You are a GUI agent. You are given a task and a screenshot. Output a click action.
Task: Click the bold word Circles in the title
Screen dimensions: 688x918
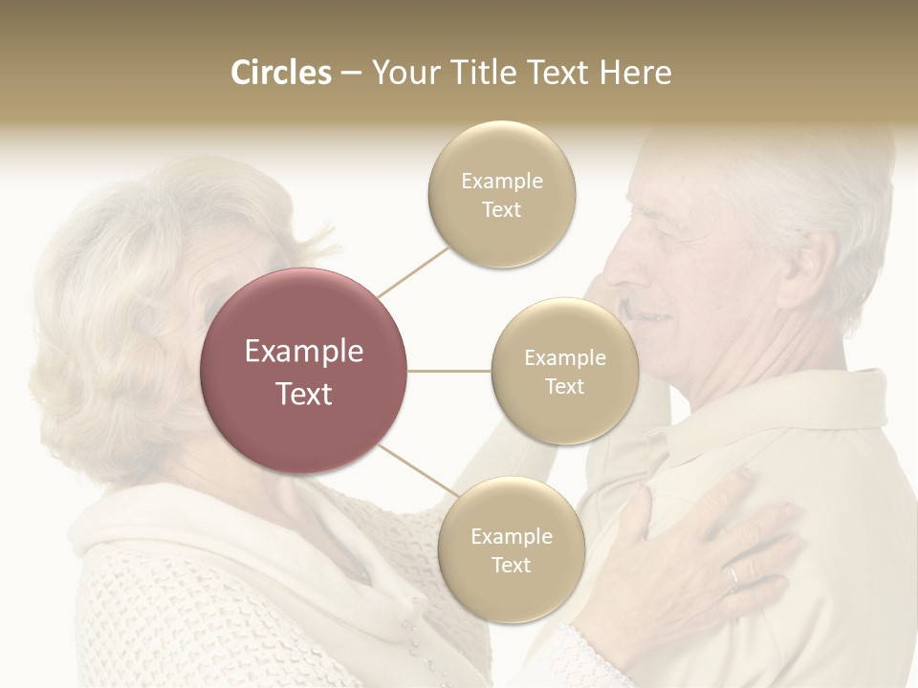click(x=280, y=73)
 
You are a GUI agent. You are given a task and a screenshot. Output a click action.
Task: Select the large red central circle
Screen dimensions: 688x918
click(x=304, y=371)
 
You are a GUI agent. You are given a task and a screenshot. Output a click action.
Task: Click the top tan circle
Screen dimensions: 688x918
click(x=501, y=195)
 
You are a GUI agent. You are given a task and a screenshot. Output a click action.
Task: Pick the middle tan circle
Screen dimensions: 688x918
click(x=564, y=371)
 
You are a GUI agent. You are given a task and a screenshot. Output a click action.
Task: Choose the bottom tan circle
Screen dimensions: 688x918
click(x=511, y=550)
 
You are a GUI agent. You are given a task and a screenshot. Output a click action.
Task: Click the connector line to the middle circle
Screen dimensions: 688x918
click(x=449, y=371)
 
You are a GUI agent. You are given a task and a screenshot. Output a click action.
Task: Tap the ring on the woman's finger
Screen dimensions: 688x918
click(x=734, y=575)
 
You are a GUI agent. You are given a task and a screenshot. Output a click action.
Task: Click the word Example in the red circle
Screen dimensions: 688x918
click(x=304, y=352)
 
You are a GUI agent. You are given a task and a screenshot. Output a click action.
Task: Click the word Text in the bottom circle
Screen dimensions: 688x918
click(x=511, y=565)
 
